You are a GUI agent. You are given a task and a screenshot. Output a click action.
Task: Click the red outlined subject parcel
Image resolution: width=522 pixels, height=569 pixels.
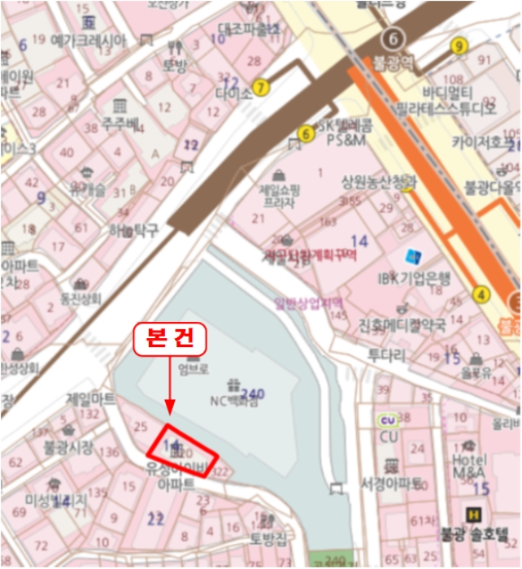[182, 451]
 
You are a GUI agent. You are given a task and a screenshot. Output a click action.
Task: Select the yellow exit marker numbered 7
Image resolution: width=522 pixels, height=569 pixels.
[260, 87]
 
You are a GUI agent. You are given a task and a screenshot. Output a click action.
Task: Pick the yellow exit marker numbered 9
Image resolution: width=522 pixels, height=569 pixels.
[459, 46]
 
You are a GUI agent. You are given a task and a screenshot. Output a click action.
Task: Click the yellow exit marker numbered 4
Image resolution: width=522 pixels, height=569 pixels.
[482, 294]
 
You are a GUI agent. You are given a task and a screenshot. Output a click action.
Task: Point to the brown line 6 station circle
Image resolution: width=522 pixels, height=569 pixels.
[394, 38]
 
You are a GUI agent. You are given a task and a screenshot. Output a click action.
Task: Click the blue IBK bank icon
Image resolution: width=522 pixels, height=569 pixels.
[414, 258]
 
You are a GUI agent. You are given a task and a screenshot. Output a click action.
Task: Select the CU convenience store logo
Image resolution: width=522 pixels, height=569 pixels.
[388, 419]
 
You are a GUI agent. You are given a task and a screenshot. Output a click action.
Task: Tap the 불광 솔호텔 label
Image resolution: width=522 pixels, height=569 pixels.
[479, 534]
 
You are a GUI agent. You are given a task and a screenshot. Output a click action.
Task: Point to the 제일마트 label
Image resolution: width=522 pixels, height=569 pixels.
[91, 399]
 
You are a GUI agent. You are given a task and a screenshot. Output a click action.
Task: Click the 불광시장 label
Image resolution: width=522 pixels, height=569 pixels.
[68, 446]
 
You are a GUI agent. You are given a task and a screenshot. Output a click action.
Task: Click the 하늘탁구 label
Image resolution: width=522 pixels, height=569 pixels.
[134, 231]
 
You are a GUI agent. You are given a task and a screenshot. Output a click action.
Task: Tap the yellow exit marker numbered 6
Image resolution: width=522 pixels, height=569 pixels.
[307, 134]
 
